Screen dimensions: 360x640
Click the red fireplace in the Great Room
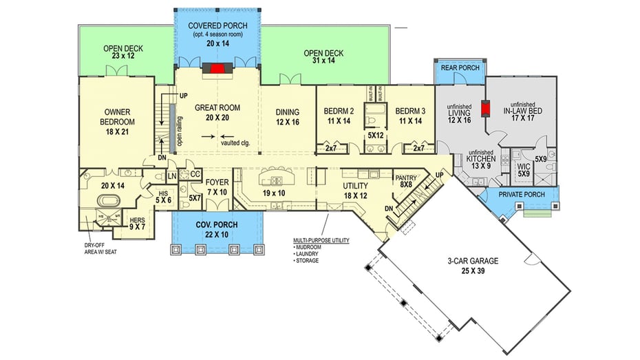coord(217,68)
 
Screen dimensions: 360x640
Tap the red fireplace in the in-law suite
coord(486,109)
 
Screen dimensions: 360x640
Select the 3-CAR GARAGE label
coord(471,266)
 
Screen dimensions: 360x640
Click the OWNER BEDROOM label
coord(118,117)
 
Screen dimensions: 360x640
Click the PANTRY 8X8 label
coord(404,180)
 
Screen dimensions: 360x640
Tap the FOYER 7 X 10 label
coord(217,187)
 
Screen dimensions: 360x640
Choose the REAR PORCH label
coord(460,67)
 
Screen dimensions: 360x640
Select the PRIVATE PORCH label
coord(521,195)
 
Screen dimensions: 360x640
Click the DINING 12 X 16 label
coord(287,117)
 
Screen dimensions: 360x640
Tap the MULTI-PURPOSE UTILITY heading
coord(321,240)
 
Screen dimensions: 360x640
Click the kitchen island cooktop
coord(275,181)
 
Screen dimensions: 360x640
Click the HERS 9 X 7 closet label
coord(138,223)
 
